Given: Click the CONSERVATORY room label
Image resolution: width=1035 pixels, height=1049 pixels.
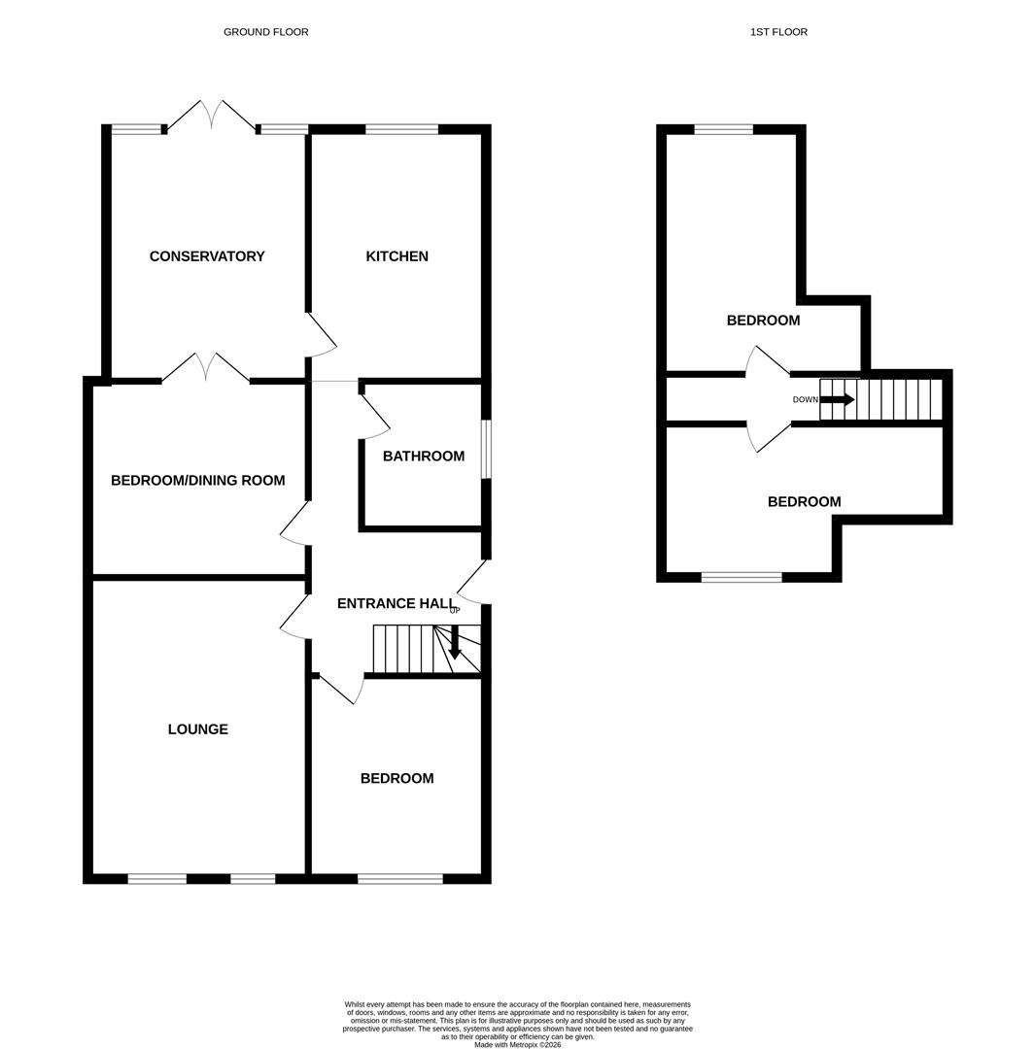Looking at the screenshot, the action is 207,256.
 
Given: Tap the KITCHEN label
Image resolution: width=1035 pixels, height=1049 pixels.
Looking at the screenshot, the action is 397,256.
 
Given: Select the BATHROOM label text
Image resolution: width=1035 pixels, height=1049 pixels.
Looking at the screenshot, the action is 424,457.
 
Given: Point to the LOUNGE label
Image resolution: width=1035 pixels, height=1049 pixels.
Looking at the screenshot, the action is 198,729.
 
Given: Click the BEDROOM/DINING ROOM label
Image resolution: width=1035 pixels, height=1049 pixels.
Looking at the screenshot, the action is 198,481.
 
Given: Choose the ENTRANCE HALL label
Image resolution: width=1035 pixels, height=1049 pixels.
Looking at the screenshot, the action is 397,603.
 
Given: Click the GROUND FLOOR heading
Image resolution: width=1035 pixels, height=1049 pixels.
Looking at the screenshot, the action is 265,31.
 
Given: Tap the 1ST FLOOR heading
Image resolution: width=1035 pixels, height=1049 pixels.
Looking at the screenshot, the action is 778,31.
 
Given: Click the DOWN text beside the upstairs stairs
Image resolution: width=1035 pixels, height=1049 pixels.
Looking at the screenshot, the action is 806,399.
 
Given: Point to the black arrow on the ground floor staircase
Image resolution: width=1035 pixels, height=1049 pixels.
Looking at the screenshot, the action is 455,642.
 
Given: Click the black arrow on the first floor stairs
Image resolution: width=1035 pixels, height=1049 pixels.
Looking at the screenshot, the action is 838,399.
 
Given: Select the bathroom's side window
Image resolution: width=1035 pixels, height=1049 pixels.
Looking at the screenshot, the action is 487,450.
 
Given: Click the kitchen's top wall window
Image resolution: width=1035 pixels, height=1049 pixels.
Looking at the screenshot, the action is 402,129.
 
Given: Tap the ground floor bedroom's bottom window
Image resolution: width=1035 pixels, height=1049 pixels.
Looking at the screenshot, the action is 400,878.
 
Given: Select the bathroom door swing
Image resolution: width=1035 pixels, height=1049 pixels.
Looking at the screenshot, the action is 375,416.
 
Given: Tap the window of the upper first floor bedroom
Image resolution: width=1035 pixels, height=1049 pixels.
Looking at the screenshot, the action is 724,130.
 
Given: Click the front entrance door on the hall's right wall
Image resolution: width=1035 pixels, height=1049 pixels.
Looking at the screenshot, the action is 472,582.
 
